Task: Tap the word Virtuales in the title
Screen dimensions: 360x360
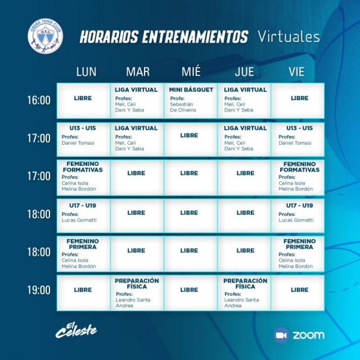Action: (289, 37)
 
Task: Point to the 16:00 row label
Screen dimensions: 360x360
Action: (39, 100)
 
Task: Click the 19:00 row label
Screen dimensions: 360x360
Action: (39, 290)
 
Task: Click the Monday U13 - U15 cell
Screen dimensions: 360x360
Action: (83, 138)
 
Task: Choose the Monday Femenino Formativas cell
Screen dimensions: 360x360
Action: (83, 176)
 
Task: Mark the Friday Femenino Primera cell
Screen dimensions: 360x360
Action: (299, 252)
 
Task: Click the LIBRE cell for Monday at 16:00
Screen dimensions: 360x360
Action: (83, 98)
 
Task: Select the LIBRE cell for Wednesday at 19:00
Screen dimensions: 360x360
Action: (190, 290)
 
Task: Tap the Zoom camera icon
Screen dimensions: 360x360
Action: (281, 335)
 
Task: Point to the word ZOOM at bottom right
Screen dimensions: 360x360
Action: (309, 335)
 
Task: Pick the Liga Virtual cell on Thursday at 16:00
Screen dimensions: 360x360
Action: (245, 100)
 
